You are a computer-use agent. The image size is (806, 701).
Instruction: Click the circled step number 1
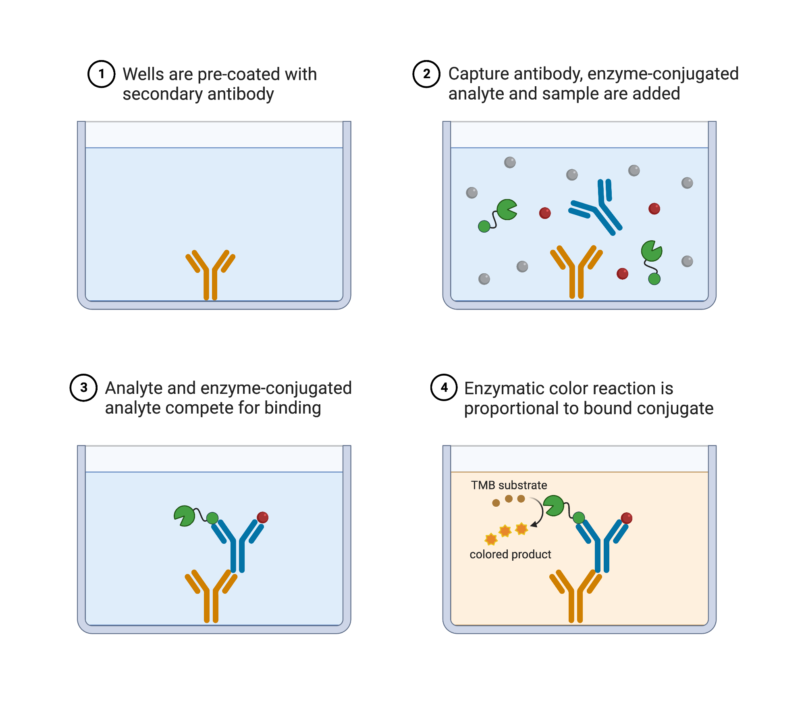[102, 74]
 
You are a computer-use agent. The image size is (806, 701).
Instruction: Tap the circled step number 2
[426, 74]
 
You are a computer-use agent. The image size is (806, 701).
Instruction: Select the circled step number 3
[83, 388]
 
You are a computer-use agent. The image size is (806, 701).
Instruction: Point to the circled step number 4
[444, 388]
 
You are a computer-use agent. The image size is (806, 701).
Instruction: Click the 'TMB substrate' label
[509, 485]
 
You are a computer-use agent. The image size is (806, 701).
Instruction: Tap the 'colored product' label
[510, 554]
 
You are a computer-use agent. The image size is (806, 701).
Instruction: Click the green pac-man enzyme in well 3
[185, 516]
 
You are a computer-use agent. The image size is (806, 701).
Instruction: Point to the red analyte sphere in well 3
[263, 517]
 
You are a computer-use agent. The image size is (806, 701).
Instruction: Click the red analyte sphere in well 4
[627, 518]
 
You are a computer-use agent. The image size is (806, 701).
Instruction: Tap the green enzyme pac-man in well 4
[554, 505]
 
